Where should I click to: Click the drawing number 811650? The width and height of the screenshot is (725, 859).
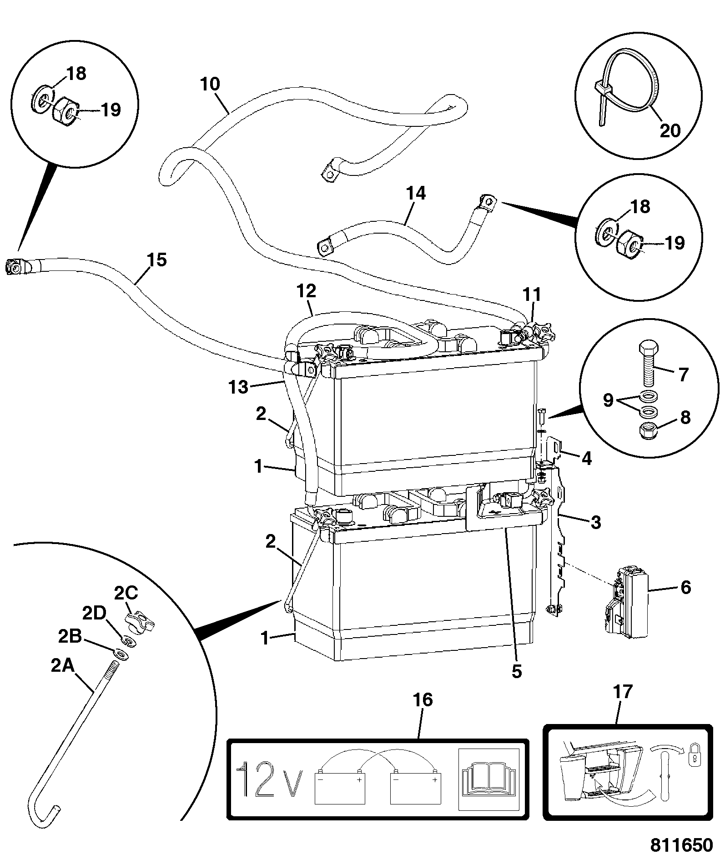pos(680,844)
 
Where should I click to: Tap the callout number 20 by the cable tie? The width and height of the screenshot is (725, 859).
pos(670,130)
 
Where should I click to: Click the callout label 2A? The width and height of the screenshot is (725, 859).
pos(62,666)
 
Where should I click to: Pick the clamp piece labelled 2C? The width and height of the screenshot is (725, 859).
pos(138,620)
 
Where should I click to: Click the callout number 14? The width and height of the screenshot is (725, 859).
pos(415,193)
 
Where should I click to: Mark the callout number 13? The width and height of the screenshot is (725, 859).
pos(239,387)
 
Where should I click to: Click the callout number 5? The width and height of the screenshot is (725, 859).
pos(517,671)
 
